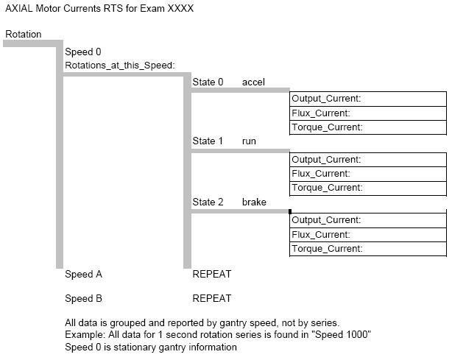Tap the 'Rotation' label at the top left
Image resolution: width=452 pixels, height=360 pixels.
(x=24, y=34)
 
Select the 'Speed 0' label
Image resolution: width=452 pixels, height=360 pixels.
(x=83, y=52)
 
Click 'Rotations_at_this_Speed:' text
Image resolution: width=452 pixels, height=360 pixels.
(x=120, y=66)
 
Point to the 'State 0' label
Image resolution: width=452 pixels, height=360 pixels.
(x=208, y=82)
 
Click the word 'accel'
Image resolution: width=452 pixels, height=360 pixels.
(x=253, y=82)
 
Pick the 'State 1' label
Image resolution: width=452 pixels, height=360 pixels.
(x=208, y=141)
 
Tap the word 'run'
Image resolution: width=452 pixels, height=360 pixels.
(x=249, y=141)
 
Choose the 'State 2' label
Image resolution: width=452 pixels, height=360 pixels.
(x=208, y=202)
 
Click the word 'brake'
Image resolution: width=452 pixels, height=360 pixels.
(x=254, y=202)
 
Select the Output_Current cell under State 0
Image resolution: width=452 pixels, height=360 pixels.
(x=367, y=99)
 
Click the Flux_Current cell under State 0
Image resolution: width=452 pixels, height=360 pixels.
(x=367, y=113)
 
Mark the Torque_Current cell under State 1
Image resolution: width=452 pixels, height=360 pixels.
(x=367, y=188)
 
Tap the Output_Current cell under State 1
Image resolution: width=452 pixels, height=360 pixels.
(x=367, y=160)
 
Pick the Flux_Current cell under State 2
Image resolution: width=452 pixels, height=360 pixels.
(x=367, y=235)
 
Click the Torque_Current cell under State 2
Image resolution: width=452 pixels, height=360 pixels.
(x=367, y=249)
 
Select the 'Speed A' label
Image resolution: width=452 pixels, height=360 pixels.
(x=83, y=275)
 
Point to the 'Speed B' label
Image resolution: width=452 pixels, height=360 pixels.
(x=83, y=299)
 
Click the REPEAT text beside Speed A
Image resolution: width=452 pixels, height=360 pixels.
(x=211, y=275)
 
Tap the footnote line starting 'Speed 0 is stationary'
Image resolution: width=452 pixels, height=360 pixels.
(x=151, y=347)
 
